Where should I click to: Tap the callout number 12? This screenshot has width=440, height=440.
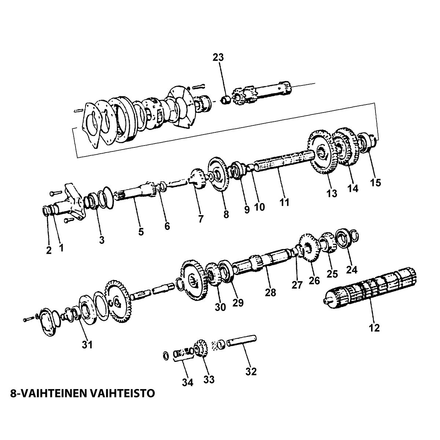pos(374,327)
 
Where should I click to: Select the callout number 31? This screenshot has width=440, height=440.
pos(87,345)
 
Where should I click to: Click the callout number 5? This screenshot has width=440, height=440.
pos(141,232)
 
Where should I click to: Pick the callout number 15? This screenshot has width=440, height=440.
pos(376,182)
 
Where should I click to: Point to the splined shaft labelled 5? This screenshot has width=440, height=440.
pos(136,192)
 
